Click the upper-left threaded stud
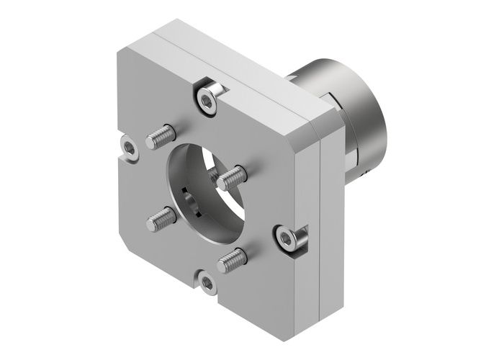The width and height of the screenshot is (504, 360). coord(161,135)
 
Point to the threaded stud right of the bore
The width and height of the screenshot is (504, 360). coord(233,174)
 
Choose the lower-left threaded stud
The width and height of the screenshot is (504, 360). coord(161,217)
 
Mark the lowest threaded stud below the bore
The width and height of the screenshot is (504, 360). coord(233,258)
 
